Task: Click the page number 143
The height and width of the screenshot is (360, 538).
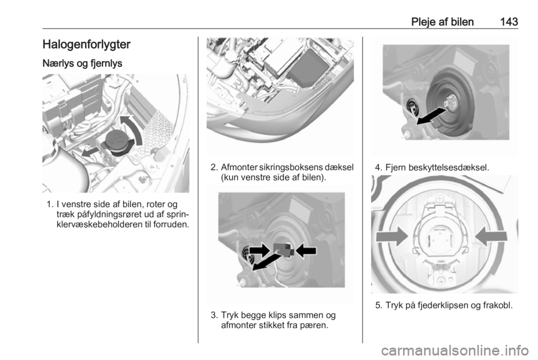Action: (x=509, y=22)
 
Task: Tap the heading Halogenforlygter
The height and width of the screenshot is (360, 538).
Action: (x=86, y=44)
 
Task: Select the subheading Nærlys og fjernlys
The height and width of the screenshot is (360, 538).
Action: (x=82, y=63)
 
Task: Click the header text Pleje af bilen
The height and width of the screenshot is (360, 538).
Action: (x=442, y=22)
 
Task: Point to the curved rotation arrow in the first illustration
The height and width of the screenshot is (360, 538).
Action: (x=134, y=127)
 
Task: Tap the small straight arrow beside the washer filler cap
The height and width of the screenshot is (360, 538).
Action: (x=91, y=150)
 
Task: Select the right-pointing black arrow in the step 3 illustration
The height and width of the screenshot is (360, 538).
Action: (x=260, y=250)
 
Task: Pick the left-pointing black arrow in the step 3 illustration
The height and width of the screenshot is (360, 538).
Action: (x=306, y=251)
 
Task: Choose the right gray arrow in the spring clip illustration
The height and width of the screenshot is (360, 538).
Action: (x=491, y=237)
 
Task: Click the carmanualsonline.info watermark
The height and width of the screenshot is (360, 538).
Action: (x=454, y=350)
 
